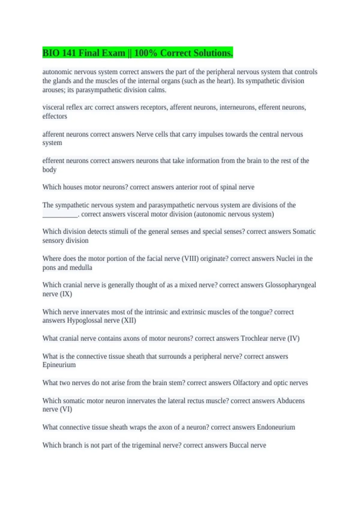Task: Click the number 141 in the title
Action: [x=69, y=53]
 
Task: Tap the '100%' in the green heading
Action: [x=145, y=53]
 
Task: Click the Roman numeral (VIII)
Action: [x=190, y=259]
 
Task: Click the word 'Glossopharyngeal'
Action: [x=290, y=285]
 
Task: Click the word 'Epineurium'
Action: [x=59, y=365]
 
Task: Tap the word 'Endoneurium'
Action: [x=276, y=427]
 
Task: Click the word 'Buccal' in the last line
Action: [x=239, y=445]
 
